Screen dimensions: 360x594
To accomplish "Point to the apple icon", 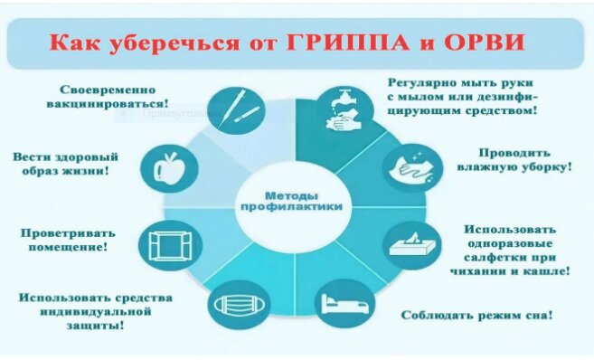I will (168, 168).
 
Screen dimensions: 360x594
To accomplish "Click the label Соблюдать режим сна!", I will (477, 316).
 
